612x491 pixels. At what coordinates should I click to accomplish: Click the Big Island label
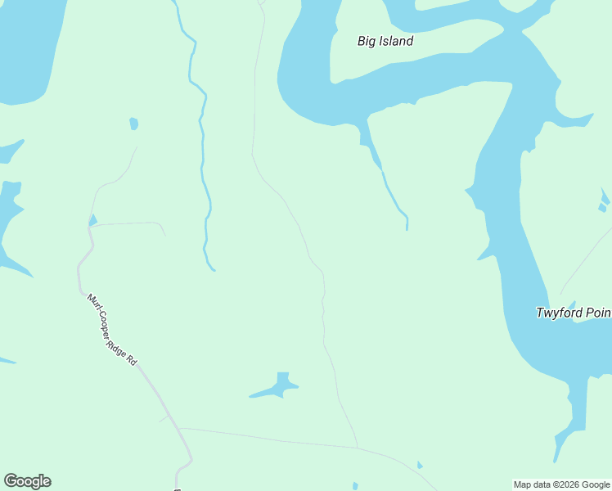(385, 41)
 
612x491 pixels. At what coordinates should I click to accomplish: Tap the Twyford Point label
(574, 313)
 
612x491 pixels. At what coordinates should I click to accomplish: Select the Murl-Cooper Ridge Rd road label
(112, 329)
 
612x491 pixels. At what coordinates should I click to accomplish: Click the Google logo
(27, 481)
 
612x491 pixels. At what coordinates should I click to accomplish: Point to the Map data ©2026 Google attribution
(562, 484)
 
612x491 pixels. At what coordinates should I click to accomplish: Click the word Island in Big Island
(396, 41)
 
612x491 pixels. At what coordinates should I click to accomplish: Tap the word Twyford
(559, 313)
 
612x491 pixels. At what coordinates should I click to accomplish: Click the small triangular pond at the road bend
(92, 219)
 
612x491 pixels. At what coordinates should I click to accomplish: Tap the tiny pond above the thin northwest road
(133, 124)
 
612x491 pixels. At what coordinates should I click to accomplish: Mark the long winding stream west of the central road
(203, 164)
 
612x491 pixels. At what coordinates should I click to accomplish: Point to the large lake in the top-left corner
(29, 49)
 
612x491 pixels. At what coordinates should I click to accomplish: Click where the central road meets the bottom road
(357, 447)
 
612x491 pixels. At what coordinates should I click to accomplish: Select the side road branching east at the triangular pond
(131, 223)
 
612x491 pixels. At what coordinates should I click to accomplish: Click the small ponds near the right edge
(604, 200)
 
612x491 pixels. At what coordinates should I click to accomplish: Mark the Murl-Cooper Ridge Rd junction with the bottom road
(178, 428)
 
